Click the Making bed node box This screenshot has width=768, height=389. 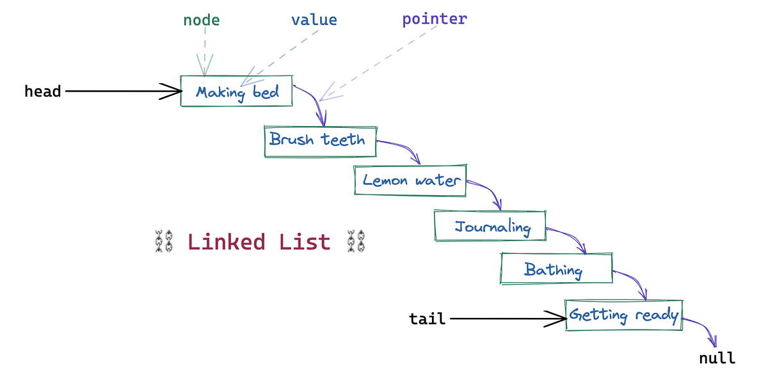click(237, 91)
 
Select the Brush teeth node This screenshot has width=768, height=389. click(319, 140)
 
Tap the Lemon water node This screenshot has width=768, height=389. click(410, 180)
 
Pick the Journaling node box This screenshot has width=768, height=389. click(490, 226)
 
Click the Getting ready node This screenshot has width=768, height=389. click(623, 315)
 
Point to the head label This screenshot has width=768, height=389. click(43, 91)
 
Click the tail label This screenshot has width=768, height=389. click(427, 319)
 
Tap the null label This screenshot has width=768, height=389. click(717, 358)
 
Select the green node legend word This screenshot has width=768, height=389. click(202, 20)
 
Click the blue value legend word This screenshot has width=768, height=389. click(314, 20)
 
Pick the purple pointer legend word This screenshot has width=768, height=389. click(435, 19)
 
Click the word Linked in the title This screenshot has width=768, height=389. click(226, 242)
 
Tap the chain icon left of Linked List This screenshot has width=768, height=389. click(164, 242)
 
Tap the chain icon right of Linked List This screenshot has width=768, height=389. click(355, 242)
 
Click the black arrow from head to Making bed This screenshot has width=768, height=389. click(122, 91)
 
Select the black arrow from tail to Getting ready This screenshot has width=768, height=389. click(506, 318)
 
